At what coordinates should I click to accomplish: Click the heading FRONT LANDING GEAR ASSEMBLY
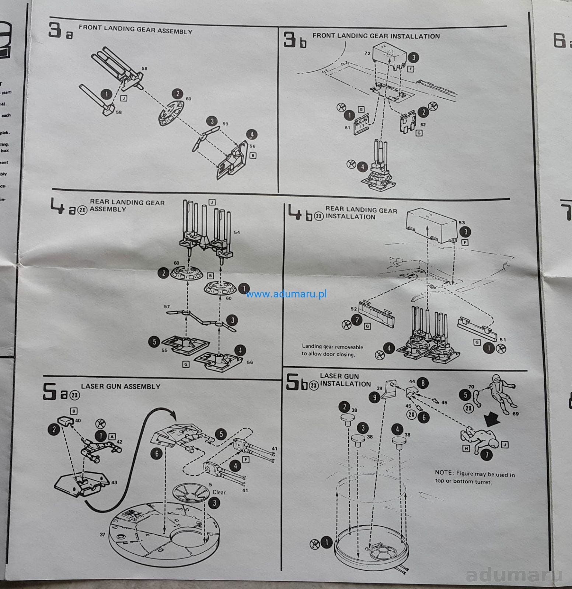pos(135,30)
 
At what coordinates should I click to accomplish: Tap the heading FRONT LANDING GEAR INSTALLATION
pos(376,36)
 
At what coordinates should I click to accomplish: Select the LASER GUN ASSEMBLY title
pos(121,387)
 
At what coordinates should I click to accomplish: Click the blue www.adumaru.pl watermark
pos(281,294)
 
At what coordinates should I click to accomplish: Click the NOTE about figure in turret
pos(475,477)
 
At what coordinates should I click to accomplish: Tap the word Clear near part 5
pos(219,492)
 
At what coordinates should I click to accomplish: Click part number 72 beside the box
pos(367,54)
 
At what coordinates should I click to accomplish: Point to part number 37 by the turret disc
pos(102,535)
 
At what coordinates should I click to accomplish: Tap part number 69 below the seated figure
pos(515,414)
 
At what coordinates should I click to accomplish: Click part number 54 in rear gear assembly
pos(237,232)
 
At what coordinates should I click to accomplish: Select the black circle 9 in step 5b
pos(374,398)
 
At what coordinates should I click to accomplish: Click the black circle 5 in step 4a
pos(154,342)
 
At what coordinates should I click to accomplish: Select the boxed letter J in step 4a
pos(212,202)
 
